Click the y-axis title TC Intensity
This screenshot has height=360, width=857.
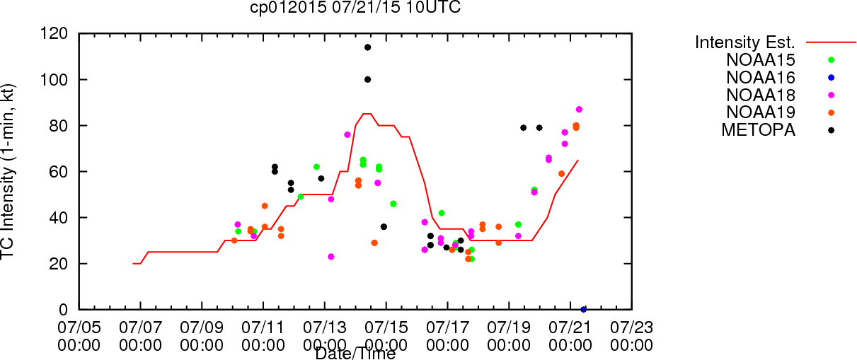(9, 171)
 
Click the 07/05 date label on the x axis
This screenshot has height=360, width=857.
(79, 328)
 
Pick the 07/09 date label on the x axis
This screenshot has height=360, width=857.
(202, 328)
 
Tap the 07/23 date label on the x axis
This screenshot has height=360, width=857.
(631, 328)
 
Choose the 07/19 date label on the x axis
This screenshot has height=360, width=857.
(509, 328)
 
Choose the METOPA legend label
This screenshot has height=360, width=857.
(759, 129)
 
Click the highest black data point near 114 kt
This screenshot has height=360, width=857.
(368, 47)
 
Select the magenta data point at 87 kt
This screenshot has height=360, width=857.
(579, 110)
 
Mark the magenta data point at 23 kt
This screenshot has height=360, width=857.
(331, 257)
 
